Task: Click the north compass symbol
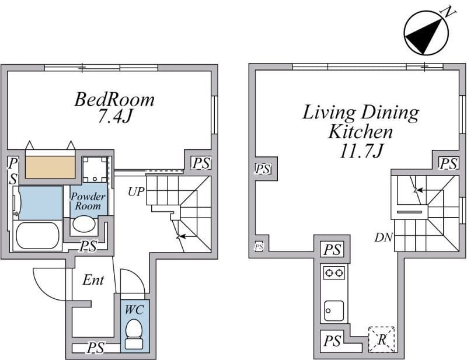click(x=427, y=32)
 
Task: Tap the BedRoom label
click(x=114, y=99)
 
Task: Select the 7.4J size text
click(x=115, y=117)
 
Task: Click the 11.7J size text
click(x=361, y=151)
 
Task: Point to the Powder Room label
click(x=88, y=201)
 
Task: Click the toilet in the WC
click(x=134, y=334)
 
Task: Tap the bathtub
click(x=37, y=235)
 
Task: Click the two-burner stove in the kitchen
click(x=334, y=272)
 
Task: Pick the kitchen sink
click(x=334, y=310)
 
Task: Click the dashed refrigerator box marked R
click(x=382, y=340)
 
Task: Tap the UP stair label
click(x=136, y=192)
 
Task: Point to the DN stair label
click(x=384, y=237)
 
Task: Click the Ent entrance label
click(x=93, y=280)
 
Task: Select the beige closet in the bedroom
click(x=50, y=167)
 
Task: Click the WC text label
click(x=134, y=310)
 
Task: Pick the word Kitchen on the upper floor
click(x=360, y=132)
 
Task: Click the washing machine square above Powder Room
click(x=95, y=169)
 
